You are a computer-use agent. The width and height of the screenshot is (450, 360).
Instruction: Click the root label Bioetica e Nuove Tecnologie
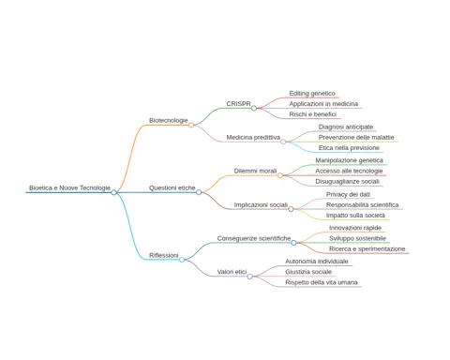[x=69, y=187]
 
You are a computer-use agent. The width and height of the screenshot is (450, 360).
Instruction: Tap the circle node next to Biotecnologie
[x=191, y=125]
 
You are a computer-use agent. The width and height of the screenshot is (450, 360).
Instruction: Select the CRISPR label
[x=238, y=104]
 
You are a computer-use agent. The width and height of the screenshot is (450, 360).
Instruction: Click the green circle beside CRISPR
[x=254, y=108]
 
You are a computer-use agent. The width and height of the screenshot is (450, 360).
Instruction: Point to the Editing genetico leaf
[x=312, y=94]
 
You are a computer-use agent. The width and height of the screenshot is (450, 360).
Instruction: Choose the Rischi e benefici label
[x=312, y=114]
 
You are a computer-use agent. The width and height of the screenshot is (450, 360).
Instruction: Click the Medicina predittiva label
[x=253, y=138]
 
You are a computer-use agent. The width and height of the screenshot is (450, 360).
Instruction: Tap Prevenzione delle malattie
[x=356, y=138]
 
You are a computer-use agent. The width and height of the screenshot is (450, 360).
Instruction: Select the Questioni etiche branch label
[x=172, y=187]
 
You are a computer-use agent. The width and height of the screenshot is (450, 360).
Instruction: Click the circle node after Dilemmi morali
[x=280, y=175]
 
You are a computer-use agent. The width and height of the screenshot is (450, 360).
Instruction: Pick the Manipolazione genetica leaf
[x=349, y=160]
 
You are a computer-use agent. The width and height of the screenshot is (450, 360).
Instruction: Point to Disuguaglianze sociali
[x=347, y=182]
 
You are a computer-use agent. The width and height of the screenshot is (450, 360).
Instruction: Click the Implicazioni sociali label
[x=261, y=205]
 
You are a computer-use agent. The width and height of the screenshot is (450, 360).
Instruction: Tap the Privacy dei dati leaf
[x=348, y=194]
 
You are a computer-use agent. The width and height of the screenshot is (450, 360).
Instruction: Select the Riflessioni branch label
[x=164, y=255]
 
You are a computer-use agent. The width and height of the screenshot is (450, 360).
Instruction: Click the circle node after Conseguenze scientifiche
[x=293, y=243]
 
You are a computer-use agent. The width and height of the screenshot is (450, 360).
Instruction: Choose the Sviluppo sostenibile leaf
[x=357, y=238]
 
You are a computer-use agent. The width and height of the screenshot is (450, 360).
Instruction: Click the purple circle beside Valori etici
[x=249, y=277]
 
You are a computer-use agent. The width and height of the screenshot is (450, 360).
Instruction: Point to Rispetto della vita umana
[x=322, y=282]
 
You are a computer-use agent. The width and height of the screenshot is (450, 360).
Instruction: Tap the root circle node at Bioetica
[x=113, y=192]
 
